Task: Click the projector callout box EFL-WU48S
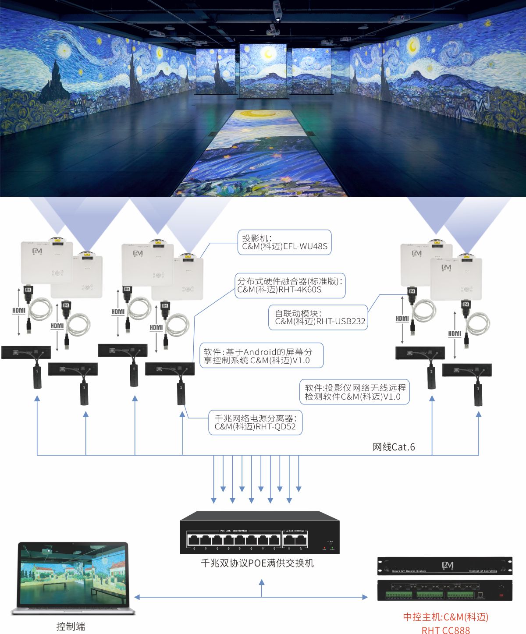click(x=284, y=242)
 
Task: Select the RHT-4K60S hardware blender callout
click(x=290, y=285)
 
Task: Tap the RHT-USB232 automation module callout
click(x=318, y=317)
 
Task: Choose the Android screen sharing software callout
click(x=262, y=356)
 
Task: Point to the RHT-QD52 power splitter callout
click(x=255, y=422)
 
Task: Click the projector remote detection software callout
click(x=354, y=392)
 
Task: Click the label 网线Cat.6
click(x=393, y=447)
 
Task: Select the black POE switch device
click(x=259, y=532)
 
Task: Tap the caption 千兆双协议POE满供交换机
click(x=257, y=563)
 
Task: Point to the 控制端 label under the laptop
click(x=71, y=627)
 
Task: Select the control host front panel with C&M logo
click(x=444, y=566)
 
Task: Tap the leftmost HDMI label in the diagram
click(x=19, y=310)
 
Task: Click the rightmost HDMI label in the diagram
click(x=455, y=333)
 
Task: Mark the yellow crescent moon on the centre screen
click(x=268, y=54)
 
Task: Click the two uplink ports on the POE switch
click(x=295, y=540)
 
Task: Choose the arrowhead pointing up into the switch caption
click(x=262, y=583)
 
